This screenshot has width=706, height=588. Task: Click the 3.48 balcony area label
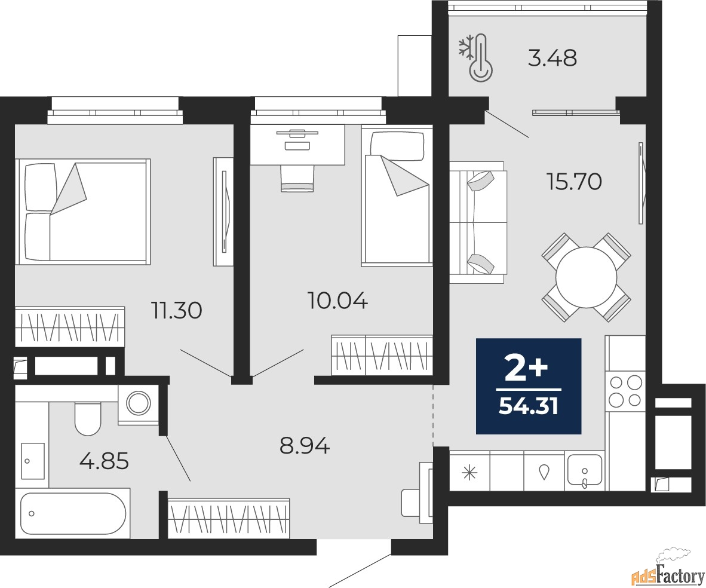point(552,59)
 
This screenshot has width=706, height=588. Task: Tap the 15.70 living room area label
point(573,182)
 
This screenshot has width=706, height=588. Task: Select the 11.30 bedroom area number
point(177,311)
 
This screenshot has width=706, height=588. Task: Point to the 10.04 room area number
point(337,300)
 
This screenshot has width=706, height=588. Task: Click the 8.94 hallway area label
point(305,446)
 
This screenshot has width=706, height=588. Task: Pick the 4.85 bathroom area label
point(104,461)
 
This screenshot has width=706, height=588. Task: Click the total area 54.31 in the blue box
point(529,406)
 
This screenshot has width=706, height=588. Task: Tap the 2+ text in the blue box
point(527,369)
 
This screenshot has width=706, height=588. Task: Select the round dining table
point(586,277)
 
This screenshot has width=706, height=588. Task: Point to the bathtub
point(72,513)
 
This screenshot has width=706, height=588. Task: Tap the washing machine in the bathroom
point(138,403)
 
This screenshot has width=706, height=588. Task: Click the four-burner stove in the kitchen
point(625,391)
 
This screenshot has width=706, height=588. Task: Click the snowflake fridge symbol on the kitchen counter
point(469,473)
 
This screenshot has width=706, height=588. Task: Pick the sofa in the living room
point(478,222)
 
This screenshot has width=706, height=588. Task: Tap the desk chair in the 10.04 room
point(297,178)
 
